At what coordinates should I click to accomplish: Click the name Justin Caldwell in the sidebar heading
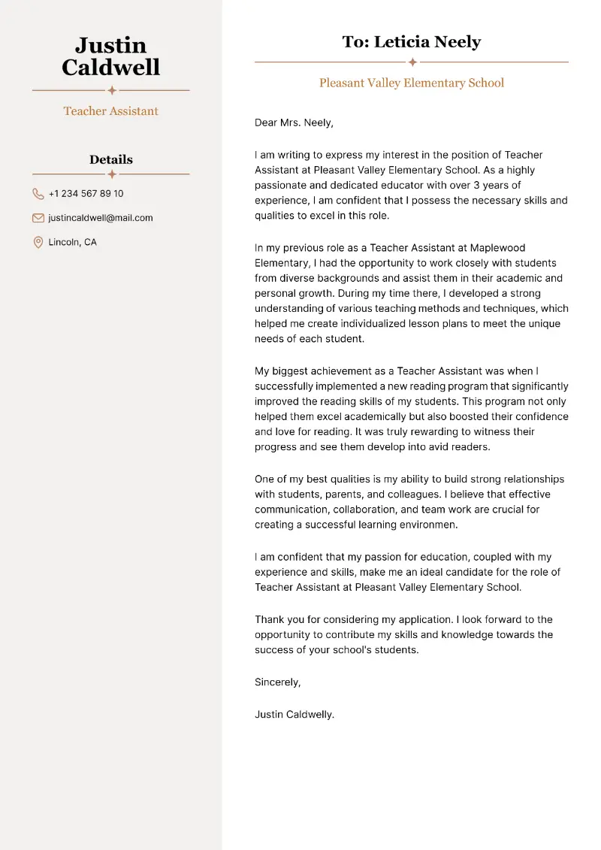pyautogui.click(x=110, y=56)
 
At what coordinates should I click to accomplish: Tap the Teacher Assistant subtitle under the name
pyautogui.click(x=110, y=111)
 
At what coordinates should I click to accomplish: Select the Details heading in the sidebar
pyautogui.click(x=110, y=159)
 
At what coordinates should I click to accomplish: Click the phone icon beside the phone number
pyautogui.click(x=38, y=194)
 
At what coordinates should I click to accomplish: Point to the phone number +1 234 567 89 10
pyautogui.click(x=86, y=194)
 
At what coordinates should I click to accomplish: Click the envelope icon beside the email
pyautogui.click(x=38, y=218)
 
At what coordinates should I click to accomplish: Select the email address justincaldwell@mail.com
pyautogui.click(x=100, y=218)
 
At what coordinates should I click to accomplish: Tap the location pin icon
pyautogui.click(x=38, y=242)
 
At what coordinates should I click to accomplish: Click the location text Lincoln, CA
pyautogui.click(x=72, y=242)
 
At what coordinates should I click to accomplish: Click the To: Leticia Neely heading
pyautogui.click(x=411, y=42)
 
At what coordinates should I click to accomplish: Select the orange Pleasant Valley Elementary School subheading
pyautogui.click(x=411, y=83)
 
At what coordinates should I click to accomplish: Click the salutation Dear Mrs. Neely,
pyautogui.click(x=294, y=123)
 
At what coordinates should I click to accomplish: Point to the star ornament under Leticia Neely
pyautogui.click(x=412, y=62)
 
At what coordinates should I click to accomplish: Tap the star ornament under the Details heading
pyautogui.click(x=111, y=174)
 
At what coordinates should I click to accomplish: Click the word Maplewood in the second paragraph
pyautogui.click(x=497, y=248)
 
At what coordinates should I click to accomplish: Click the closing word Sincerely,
pyautogui.click(x=277, y=682)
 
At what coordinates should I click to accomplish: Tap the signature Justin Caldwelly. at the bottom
pyautogui.click(x=294, y=715)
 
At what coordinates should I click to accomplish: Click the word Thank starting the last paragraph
pyautogui.click(x=270, y=620)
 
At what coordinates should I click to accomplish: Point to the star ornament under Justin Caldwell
pyautogui.click(x=111, y=90)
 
